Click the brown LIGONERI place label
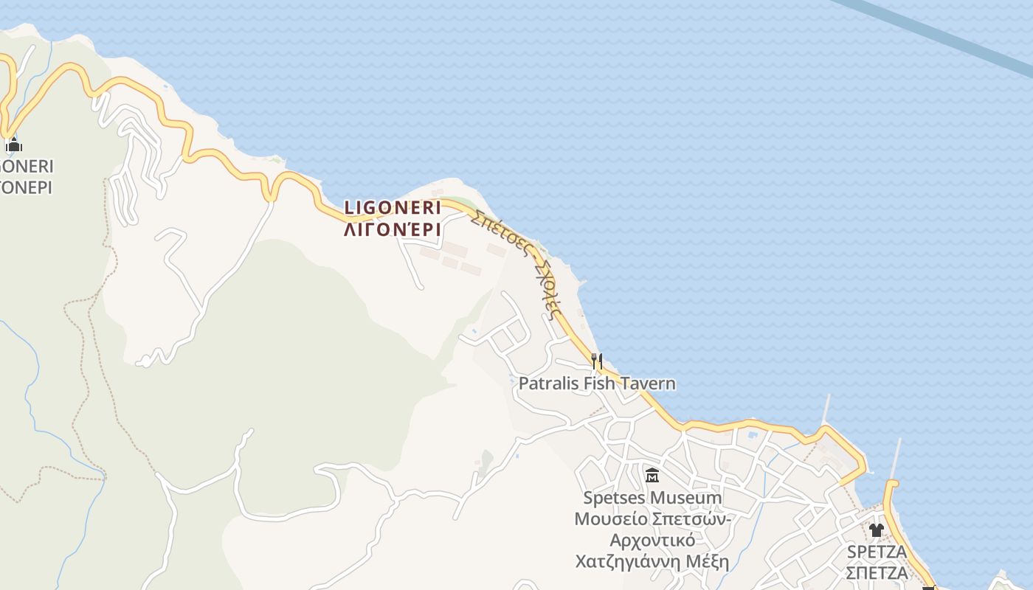click(x=393, y=208)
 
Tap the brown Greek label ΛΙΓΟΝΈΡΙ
click(x=393, y=229)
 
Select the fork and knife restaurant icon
click(x=597, y=361)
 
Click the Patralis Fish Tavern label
click(x=597, y=383)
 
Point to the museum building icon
click(x=652, y=475)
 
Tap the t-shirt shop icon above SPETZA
click(x=876, y=530)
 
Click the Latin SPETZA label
click(x=877, y=552)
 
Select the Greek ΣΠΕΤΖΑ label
click(x=877, y=573)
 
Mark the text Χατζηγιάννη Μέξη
click(x=652, y=562)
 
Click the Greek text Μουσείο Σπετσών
click(x=652, y=518)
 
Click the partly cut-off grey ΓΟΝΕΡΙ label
click(x=26, y=187)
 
